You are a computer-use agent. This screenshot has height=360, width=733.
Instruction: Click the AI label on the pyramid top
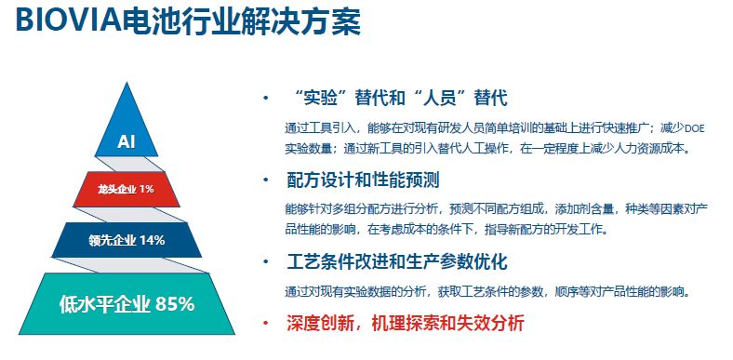click(127, 142)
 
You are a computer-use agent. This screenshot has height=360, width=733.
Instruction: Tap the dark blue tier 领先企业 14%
click(127, 241)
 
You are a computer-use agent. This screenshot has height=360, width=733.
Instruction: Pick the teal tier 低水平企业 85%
click(127, 303)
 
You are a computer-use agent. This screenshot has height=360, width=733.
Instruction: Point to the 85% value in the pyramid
click(175, 303)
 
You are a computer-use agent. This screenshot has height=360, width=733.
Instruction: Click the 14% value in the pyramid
click(152, 241)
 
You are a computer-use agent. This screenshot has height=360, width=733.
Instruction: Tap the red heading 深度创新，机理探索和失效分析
click(406, 324)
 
